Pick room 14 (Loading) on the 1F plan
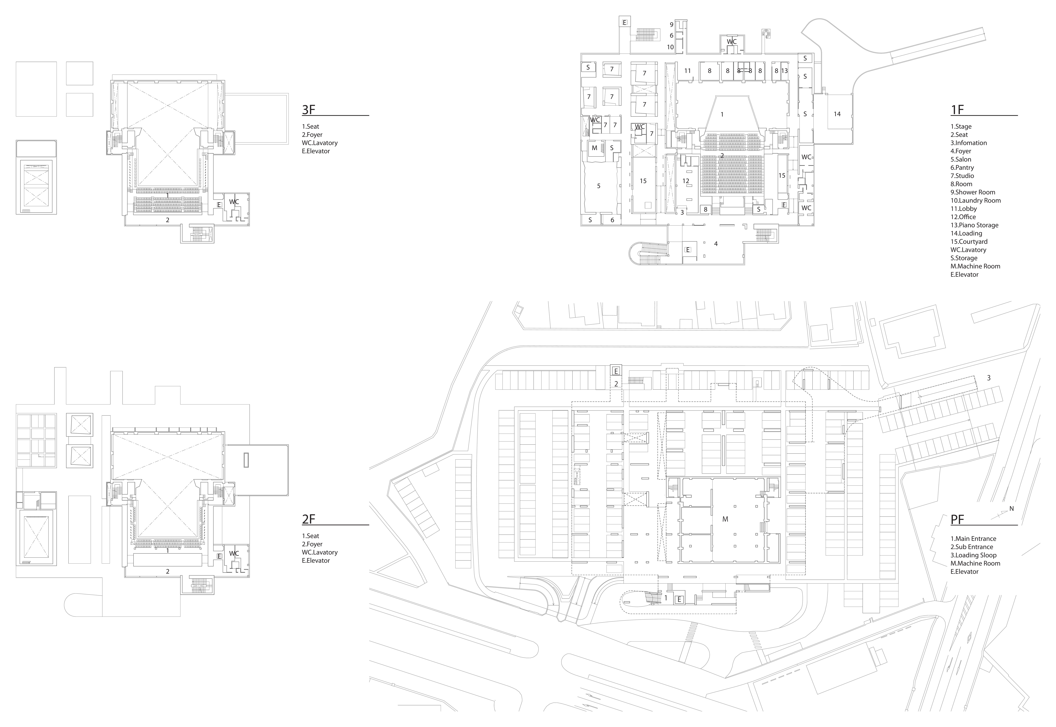click(x=837, y=114)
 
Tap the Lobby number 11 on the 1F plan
click(x=688, y=71)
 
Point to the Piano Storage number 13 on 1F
click(x=784, y=71)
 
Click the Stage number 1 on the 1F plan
click(x=722, y=114)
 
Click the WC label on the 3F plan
click(x=234, y=202)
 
